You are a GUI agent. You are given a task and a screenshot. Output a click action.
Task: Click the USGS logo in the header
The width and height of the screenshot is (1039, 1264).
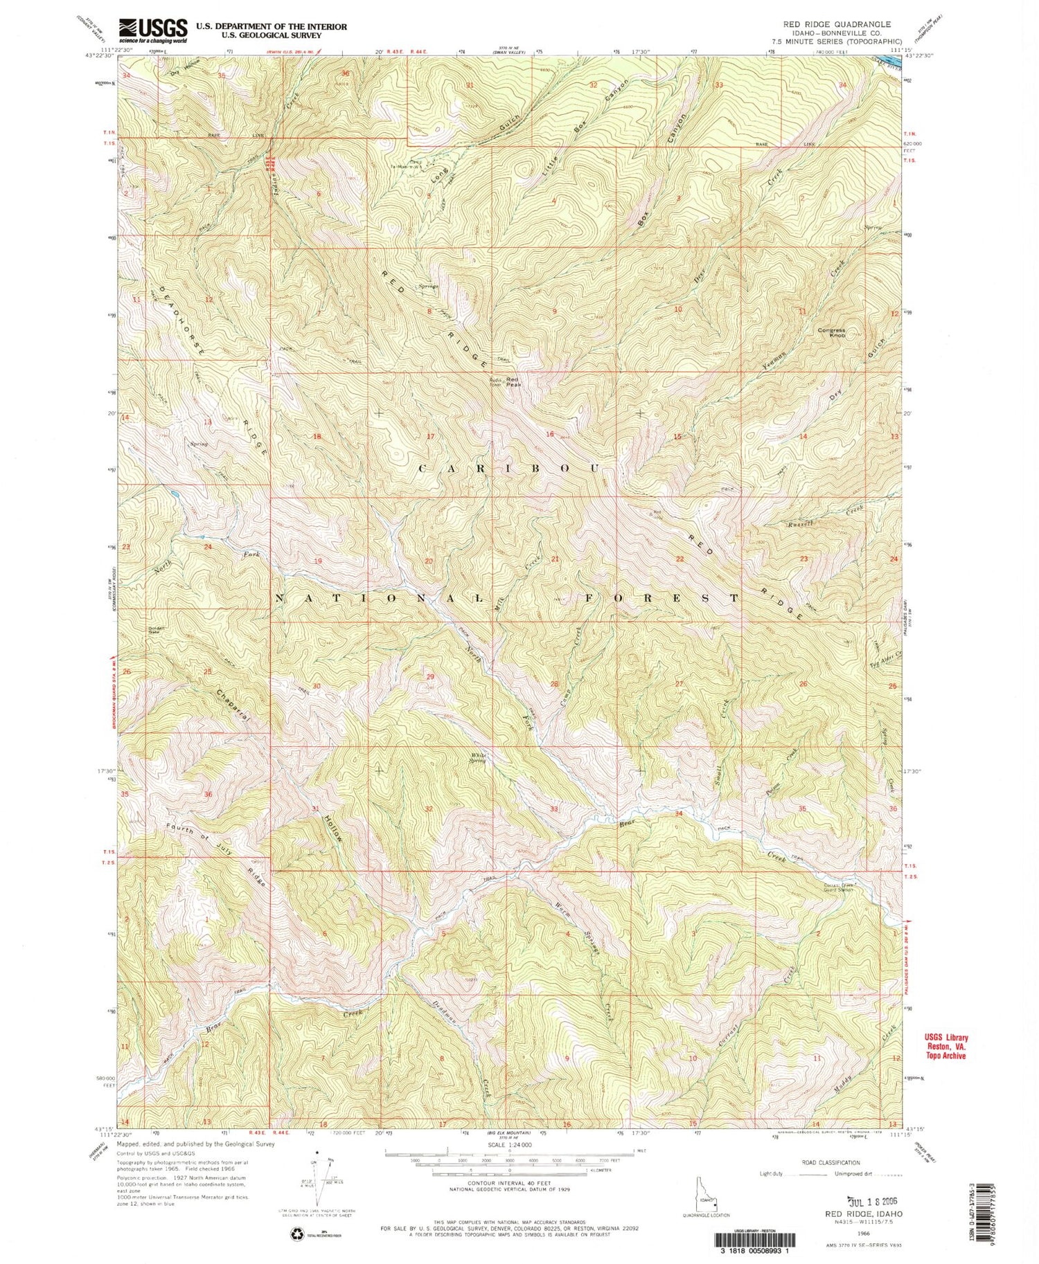click(x=153, y=28)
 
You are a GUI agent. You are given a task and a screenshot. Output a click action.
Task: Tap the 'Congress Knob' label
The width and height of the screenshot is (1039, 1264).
click(x=831, y=332)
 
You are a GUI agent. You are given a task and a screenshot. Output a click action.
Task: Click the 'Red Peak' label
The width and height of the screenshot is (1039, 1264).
click(x=513, y=381)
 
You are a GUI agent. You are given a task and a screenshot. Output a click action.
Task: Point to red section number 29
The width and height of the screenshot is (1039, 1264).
click(x=430, y=676)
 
